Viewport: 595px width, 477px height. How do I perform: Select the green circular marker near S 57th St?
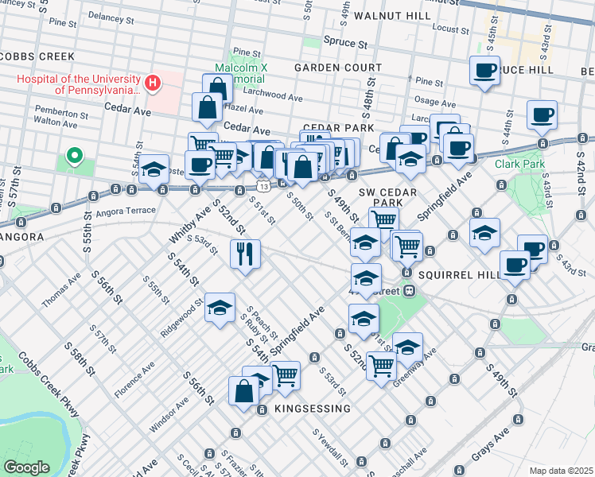(74, 156)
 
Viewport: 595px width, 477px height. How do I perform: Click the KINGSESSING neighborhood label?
(312, 409)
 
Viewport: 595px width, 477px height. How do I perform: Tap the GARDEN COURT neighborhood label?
(338, 68)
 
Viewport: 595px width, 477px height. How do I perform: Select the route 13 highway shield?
(262, 186)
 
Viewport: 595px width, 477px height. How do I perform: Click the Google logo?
(26, 467)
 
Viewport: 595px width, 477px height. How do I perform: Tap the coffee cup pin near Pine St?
(484, 71)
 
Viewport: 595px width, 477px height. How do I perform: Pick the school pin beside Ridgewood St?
(220, 307)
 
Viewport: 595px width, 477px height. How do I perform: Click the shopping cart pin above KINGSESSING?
(285, 374)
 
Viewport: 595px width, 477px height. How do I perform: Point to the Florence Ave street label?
(134, 381)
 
